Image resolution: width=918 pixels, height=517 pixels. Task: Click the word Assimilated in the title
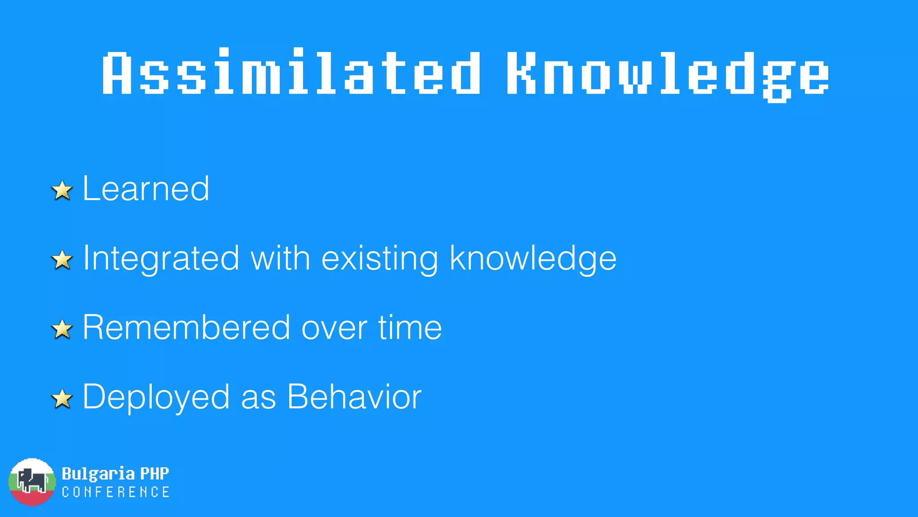[291, 73]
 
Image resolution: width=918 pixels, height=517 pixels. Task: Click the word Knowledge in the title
[668, 74]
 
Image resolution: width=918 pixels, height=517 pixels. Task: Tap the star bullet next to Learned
[62, 190]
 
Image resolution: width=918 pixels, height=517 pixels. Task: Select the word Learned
[146, 188]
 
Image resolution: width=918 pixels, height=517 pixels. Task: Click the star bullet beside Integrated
[62, 260]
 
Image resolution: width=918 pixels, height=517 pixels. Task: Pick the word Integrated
[161, 259]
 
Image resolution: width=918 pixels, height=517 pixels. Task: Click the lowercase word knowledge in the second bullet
[533, 259]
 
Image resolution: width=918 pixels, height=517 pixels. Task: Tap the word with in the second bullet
[280, 258]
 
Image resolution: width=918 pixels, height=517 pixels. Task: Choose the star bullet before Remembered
[62, 329]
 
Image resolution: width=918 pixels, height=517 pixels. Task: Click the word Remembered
[186, 328]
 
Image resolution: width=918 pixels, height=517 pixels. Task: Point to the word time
[410, 328]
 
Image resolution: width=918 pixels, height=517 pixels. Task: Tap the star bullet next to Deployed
[62, 399]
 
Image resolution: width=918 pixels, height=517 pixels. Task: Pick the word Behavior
[354, 397]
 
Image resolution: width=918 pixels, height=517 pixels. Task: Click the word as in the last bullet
[258, 398]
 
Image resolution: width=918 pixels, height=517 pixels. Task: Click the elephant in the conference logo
[31, 481]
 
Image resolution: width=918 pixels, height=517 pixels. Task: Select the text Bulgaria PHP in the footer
[115, 473]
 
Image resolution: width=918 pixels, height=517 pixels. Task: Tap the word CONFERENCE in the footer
[116, 492]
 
